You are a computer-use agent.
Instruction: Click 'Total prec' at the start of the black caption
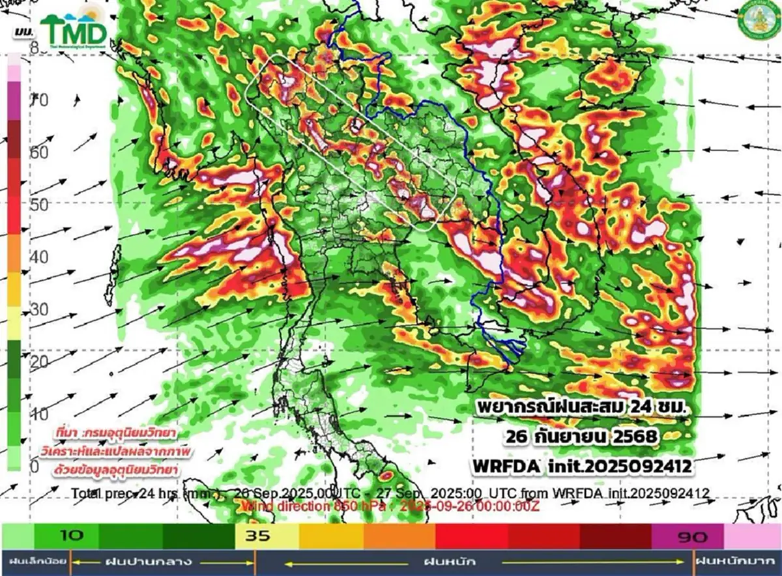(x=98, y=493)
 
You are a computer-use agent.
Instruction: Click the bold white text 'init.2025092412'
(x=628, y=467)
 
